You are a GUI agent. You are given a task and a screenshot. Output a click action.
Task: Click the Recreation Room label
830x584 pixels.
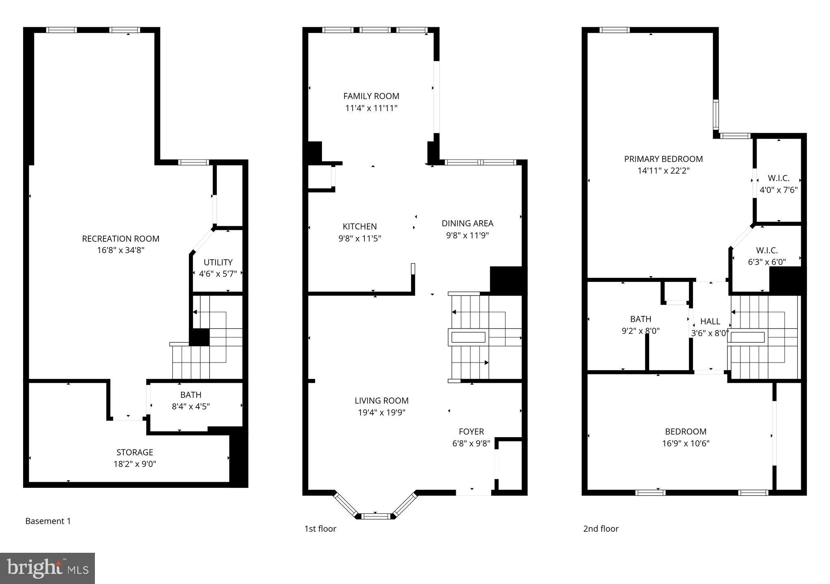(x=120, y=239)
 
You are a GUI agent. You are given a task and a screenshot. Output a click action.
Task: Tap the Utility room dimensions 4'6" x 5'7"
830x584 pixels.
(x=218, y=274)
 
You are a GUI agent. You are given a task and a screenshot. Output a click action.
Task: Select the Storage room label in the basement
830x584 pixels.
(x=135, y=452)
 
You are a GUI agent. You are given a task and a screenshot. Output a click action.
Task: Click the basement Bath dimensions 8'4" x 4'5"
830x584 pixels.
(x=191, y=406)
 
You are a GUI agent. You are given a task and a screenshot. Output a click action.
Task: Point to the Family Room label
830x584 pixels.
(x=371, y=96)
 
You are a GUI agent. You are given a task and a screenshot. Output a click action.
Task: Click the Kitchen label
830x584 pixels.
(x=360, y=227)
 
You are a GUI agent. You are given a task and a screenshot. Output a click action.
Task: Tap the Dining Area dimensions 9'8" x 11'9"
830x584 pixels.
(x=467, y=235)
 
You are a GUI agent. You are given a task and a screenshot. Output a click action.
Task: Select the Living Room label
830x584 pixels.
(x=381, y=401)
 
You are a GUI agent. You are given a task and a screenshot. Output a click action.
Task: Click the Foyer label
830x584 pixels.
(x=471, y=432)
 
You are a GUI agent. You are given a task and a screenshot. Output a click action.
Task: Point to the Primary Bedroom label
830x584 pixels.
(x=663, y=159)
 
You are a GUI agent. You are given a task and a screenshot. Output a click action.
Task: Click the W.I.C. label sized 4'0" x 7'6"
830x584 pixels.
(x=779, y=178)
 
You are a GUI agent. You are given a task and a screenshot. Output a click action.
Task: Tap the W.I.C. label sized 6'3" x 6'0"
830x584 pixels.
(x=767, y=251)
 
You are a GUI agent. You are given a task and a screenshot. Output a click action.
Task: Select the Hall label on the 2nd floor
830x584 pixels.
(x=710, y=322)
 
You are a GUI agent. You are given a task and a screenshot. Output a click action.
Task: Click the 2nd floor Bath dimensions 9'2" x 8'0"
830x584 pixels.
(x=640, y=331)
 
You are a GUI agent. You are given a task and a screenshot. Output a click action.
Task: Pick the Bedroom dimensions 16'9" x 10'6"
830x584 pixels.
(x=686, y=444)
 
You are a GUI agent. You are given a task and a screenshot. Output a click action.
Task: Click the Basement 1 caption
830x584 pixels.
(x=48, y=521)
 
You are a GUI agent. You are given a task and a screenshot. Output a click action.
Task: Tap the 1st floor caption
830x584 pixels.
(x=320, y=529)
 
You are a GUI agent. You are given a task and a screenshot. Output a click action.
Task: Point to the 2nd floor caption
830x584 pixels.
(x=601, y=529)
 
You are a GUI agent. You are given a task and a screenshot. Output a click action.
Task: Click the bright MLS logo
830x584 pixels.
(x=47, y=568)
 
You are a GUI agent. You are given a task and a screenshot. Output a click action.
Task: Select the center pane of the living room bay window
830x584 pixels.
(x=375, y=516)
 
